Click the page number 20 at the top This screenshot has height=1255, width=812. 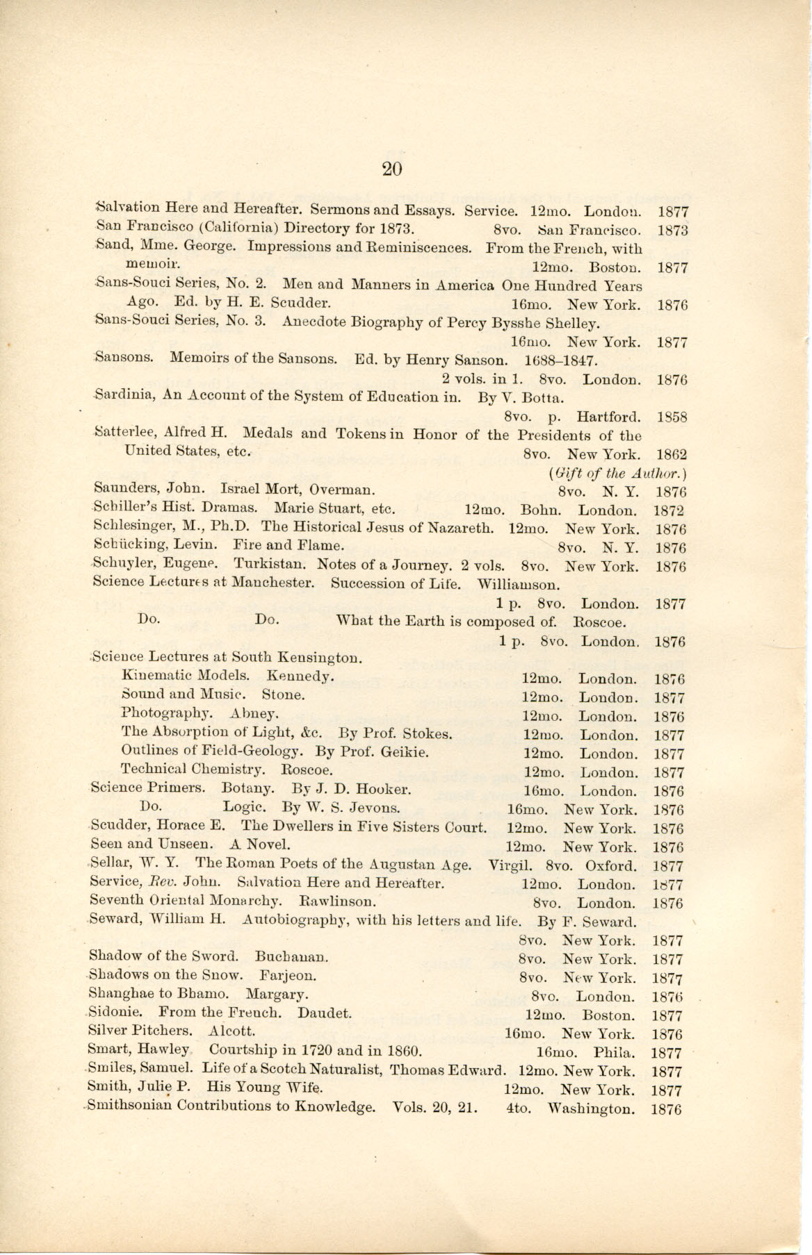tap(392, 169)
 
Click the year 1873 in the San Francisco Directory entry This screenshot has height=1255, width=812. tap(672, 230)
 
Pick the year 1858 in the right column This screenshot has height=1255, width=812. tap(672, 417)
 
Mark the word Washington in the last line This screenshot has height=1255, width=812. tap(591, 1108)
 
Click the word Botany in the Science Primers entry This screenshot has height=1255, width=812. tap(247, 789)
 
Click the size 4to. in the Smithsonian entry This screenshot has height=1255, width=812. tap(519, 1108)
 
